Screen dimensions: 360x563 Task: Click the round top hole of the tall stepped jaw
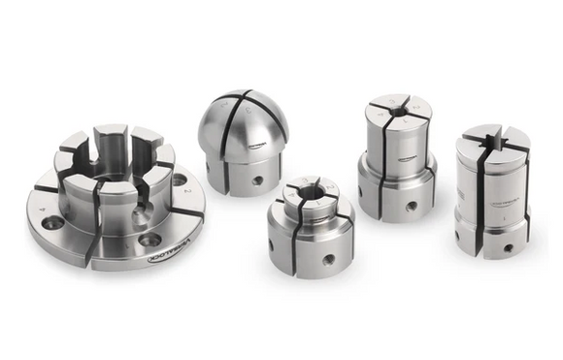(x=398, y=111)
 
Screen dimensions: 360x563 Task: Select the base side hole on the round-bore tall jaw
(x=412, y=206)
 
